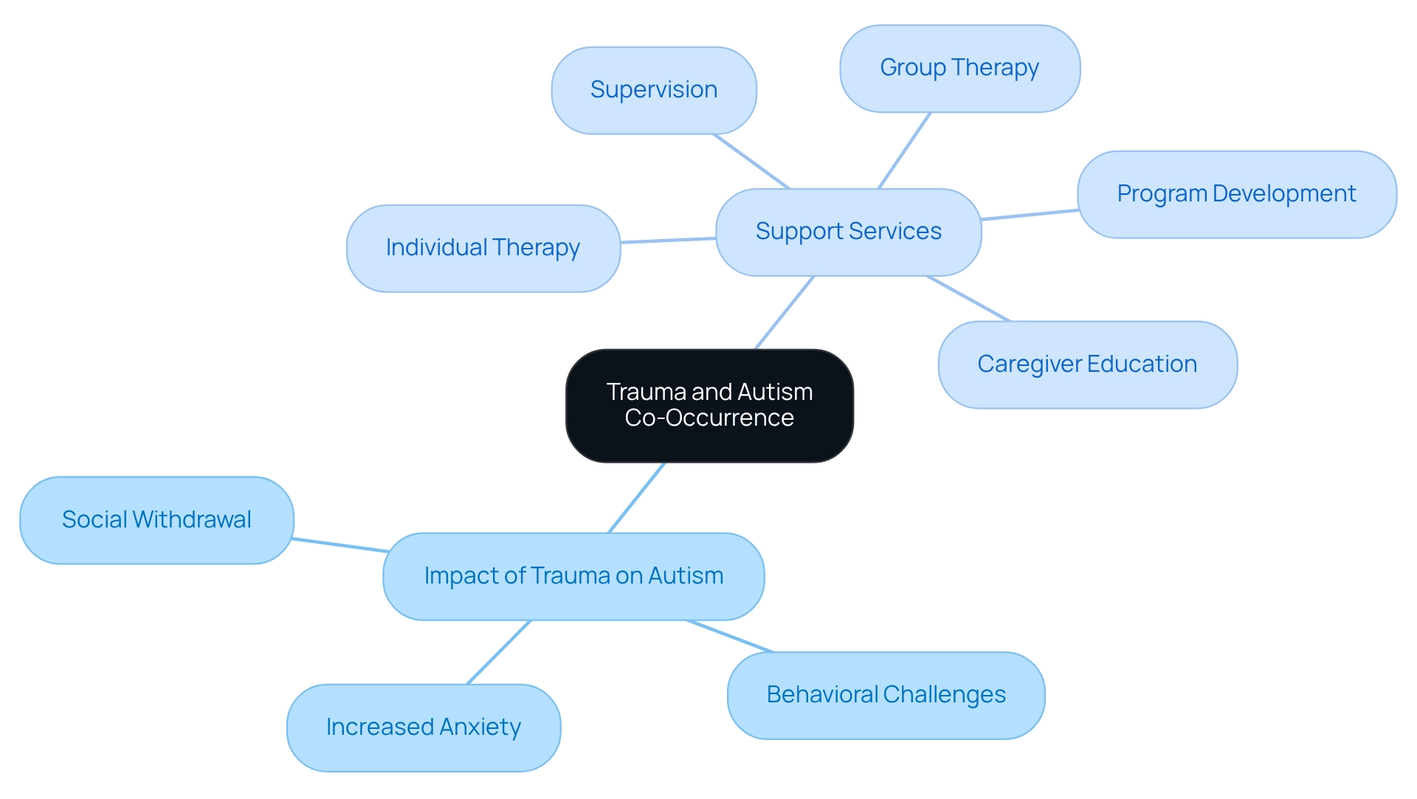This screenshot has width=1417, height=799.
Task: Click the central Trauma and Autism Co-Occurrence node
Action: [x=709, y=405]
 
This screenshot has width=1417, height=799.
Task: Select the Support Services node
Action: [x=848, y=232]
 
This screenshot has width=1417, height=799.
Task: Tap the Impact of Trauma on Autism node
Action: [x=573, y=576]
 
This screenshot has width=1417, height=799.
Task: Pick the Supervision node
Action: [x=654, y=90]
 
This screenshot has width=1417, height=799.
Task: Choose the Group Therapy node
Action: [x=959, y=68]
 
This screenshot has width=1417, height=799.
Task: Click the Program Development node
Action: [x=1236, y=194]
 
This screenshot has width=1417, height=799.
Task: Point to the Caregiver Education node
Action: [x=1087, y=364]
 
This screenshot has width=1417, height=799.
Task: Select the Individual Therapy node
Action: [x=483, y=248]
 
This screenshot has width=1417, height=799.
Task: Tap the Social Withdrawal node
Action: [x=156, y=520]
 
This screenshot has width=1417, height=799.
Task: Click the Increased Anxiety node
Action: [x=424, y=727]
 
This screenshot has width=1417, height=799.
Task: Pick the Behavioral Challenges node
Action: [x=886, y=695]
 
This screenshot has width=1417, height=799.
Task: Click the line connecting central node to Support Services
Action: [x=785, y=312]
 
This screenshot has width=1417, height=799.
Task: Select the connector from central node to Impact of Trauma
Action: [x=637, y=497]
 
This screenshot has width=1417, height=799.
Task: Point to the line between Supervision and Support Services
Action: [x=751, y=161]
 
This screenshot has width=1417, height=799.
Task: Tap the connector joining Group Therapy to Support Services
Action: [x=904, y=151]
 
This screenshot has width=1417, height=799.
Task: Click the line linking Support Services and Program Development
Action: [x=1030, y=215]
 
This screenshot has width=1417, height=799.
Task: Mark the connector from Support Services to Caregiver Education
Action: [x=968, y=299]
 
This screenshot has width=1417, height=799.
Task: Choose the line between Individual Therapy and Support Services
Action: [x=668, y=240]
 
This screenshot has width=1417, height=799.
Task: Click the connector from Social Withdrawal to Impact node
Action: [x=339, y=545]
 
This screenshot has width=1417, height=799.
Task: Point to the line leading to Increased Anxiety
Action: [x=499, y=652]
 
